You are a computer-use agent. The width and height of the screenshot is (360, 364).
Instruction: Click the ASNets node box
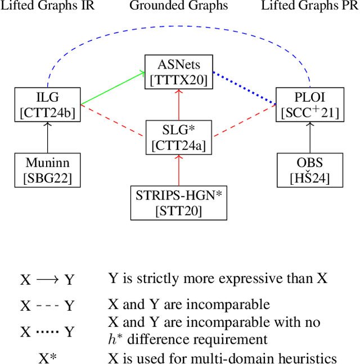(x=179, y=71)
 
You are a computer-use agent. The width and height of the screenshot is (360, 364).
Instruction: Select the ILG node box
(x=47, y=104)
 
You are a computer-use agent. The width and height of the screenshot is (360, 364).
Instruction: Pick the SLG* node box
(x=179, y=137)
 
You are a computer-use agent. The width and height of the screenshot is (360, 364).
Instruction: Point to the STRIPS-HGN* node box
(x=179, y=203)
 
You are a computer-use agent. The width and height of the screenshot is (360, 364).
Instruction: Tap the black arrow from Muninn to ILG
(x=47, y=137)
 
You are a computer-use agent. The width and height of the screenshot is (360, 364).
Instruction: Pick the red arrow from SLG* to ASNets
(x=179, y=104)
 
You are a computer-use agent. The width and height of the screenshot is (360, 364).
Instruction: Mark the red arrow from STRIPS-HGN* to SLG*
(x=179, y=170)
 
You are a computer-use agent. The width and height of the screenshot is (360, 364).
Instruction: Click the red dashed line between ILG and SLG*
(x=112, y=121)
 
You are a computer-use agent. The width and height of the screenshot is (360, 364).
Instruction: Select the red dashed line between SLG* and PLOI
(x=244, y=121)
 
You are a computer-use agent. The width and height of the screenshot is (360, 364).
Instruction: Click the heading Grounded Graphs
(x=179, y=6)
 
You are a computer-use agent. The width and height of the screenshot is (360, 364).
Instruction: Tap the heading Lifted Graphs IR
(x=47, y=6)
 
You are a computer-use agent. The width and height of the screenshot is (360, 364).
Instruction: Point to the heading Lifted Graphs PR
(x=310, y=6)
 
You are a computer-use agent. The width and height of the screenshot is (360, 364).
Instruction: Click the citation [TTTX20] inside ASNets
(x=179, y=80)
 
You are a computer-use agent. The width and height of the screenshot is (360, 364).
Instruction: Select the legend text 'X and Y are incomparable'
(x=189, y=305)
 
